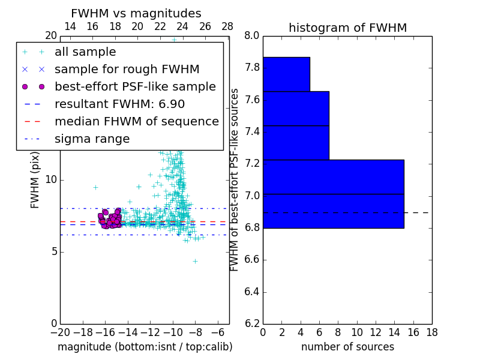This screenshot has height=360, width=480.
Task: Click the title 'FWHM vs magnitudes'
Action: (136, 13)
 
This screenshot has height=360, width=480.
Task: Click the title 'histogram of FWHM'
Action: (347, 28)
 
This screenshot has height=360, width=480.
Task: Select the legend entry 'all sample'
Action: (85, 52)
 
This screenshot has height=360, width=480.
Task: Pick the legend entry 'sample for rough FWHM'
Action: (127, 70)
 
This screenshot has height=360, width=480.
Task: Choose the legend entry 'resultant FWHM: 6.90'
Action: (119, 104)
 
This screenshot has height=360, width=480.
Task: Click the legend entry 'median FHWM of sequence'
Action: (136, 121)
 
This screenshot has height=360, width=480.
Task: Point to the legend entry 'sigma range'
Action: (92, 139)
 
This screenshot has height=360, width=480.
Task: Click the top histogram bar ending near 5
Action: (286, 74)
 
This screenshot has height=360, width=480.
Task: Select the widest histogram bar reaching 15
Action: (333, 194)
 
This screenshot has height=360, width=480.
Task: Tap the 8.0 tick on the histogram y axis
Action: (252, 35)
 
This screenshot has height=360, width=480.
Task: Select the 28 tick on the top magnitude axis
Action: (227, 27)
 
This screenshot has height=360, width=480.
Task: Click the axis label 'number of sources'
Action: (347, 347)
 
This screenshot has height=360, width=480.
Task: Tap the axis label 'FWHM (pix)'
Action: (35, 179)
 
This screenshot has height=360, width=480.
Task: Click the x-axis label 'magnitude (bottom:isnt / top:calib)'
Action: (145, 347)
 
